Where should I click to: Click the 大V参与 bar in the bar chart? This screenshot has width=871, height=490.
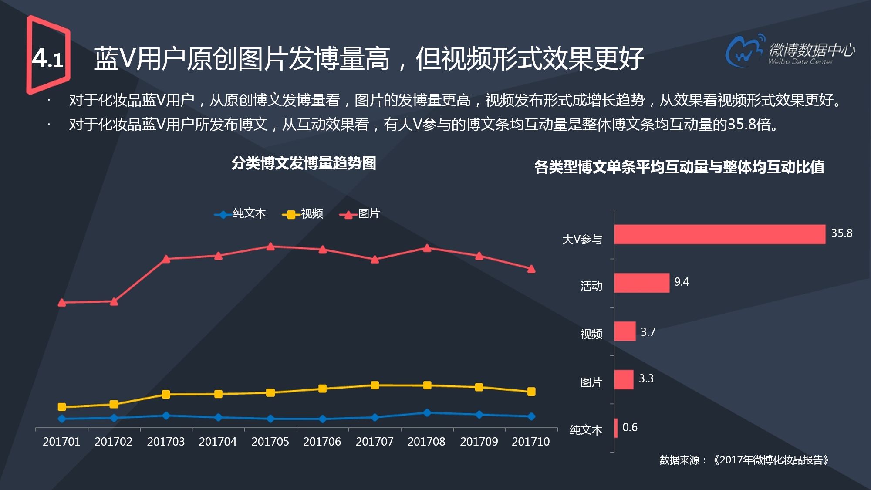click(719, 234)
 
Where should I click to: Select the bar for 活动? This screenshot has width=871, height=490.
click(641, 283)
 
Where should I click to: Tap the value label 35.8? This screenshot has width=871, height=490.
click(841, 233)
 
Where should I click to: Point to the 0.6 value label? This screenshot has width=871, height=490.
click(630, 427)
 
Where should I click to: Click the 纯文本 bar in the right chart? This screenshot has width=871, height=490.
click(616, 428)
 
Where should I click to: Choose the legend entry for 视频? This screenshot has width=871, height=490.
click(303, 214)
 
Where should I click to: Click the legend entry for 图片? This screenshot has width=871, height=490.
click(360, 214)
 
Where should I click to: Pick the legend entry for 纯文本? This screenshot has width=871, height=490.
click(240, 214)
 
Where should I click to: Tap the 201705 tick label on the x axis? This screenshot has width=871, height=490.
click(270, 442)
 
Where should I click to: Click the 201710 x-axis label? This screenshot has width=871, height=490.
click(530, 442)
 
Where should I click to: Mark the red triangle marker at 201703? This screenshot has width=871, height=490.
click(166, 259)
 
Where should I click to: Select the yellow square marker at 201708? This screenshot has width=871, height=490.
click(427, 385)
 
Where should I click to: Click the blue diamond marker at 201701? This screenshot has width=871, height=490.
click(62, 419)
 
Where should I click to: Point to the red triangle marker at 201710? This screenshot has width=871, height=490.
click(531, 269)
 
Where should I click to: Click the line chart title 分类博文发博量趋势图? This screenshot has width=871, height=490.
click(304, 163)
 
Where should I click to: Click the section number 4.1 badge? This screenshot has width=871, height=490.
click(48, 57)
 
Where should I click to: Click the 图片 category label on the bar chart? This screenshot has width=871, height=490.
click(591, 382)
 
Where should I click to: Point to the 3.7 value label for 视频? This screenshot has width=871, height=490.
click(648, 332)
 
